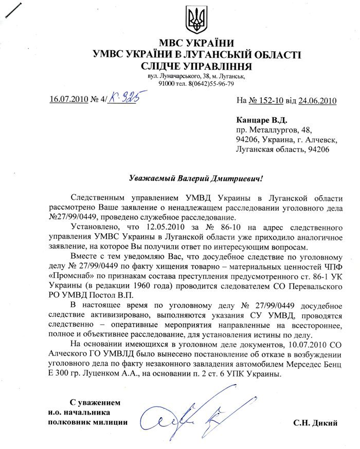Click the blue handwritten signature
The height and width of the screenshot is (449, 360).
pos(190,417)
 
